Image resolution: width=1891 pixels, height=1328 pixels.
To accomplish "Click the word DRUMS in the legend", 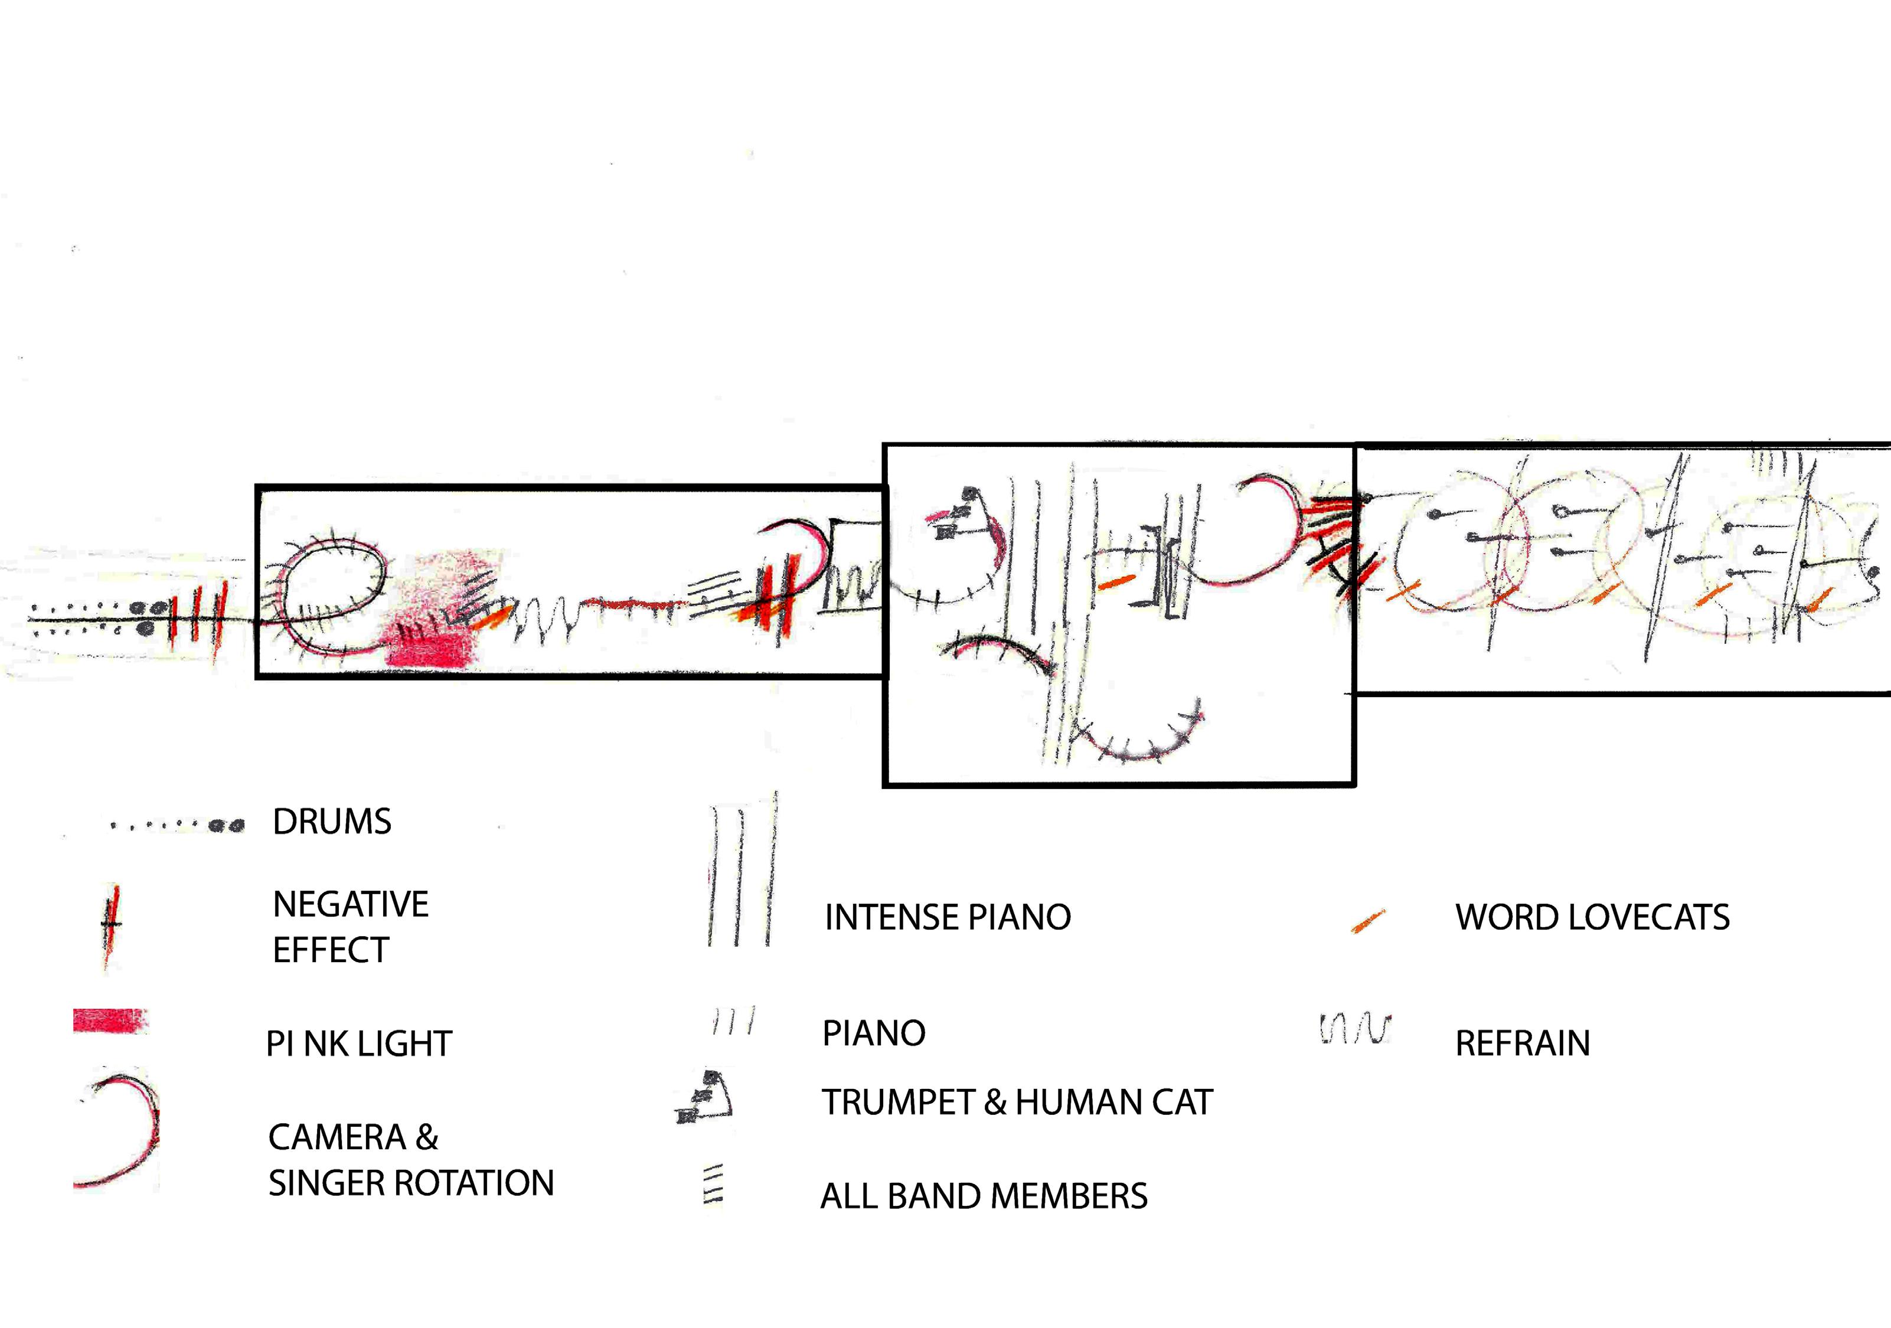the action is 332,822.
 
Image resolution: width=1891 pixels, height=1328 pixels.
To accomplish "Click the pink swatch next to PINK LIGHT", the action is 110,1021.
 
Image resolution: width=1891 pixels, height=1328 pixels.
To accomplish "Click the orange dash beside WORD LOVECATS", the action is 1367,921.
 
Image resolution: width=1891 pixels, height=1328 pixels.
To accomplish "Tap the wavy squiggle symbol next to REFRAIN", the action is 1355,1028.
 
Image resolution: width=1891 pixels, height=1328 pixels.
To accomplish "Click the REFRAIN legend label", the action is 1522,1043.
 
